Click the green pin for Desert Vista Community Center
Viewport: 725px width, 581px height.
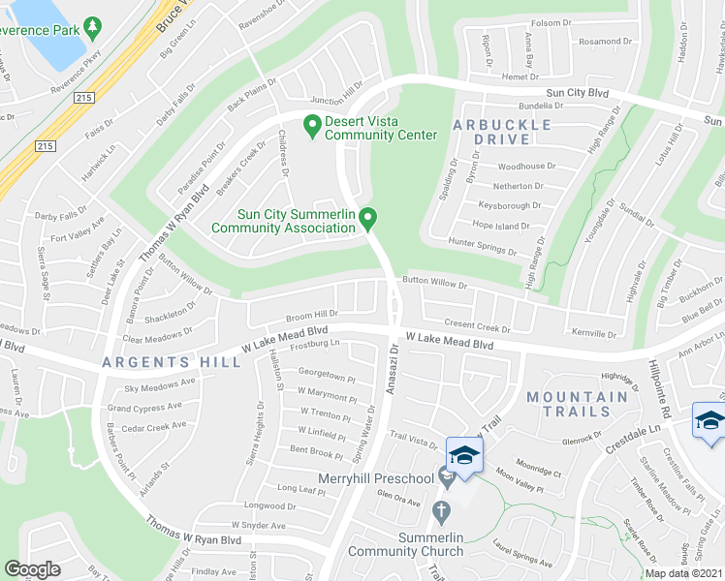[312, 124]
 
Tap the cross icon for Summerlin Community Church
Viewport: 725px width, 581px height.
[442, 509]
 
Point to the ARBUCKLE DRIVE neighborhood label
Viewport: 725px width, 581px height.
[502, 132]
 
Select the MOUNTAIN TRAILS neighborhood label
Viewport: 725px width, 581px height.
[578, 405]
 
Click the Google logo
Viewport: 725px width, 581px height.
[33, 569]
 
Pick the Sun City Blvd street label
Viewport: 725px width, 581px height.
[579, 93]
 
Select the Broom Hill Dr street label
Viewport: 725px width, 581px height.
[312, 316]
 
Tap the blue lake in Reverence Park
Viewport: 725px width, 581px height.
[39, 29]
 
